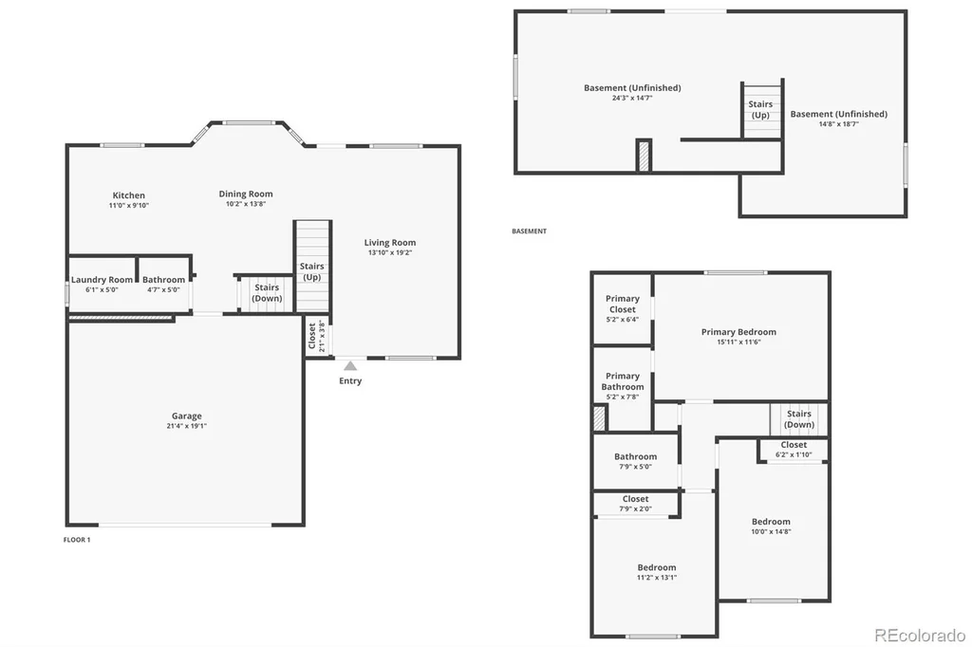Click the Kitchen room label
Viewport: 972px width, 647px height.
tap(129, 195)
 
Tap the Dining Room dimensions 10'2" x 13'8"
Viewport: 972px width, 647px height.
tap(246, 204)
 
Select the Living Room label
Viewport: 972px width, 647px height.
tap(390, 242)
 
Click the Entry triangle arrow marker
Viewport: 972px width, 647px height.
tap(351, 365)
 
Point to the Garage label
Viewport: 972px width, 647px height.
tap(187, 416)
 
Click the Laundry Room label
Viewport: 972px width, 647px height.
tap(102, 280)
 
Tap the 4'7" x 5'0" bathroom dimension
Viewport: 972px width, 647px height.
tap(163, 289)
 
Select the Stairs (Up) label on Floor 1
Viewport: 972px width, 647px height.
tap(311, 271)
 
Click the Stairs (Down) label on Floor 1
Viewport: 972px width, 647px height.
tap(267, 292)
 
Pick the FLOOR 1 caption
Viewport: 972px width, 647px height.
tap(77, 540)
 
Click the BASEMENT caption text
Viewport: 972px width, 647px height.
tap(530, 231)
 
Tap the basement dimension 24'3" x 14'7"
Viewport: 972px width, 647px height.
tap(632, 98)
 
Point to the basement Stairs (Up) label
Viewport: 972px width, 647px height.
tap(760, 110)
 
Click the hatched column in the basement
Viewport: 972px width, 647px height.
tap(645, 156)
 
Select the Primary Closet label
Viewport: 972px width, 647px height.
tap(623, 304)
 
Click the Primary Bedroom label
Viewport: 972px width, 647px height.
tap(738, 331)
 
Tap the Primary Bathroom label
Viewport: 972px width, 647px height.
tap(623, 381)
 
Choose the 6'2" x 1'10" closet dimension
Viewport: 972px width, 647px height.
tap(794, 454)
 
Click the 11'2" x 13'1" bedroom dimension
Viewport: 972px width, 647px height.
tap(657, 577)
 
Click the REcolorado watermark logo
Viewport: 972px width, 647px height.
tap(920, 635)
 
